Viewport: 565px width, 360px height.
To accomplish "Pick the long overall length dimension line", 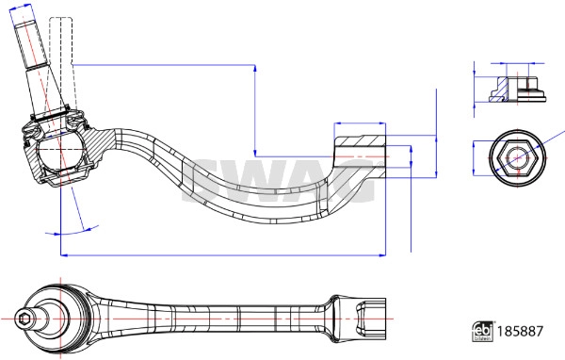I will [x=221, y=254].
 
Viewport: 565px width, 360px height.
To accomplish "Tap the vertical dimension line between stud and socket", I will [x=256, y=108].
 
